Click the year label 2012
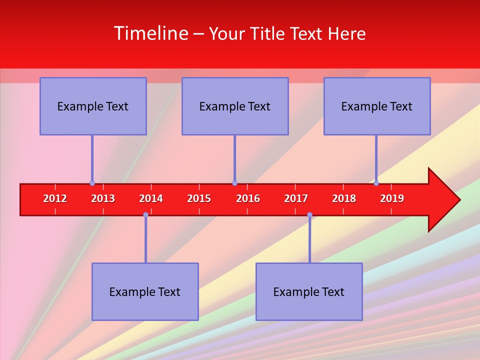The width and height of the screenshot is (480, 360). [55, 198]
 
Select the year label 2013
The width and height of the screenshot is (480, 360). [103, 198]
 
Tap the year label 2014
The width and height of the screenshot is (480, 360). [151, 198]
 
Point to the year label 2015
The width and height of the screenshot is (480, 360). [199, 198]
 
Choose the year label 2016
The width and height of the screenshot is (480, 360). [248, 198]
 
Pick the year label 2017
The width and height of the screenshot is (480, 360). [296, 198]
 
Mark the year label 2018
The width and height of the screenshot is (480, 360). [344, 198]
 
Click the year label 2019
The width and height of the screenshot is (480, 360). [392, 198]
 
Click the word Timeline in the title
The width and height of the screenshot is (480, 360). [150, 33]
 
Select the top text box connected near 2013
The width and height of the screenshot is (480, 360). [93, 106]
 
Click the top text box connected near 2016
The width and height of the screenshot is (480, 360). [235, 106]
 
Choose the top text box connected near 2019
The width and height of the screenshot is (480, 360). [377, 106]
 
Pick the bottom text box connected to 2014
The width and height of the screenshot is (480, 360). [145, 291]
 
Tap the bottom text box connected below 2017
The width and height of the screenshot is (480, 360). [309, 291]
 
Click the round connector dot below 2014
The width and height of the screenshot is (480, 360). [145, 215]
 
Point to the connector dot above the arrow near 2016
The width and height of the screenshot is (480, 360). [234, 183]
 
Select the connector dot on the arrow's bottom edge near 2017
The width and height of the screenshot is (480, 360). [309, 215]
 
